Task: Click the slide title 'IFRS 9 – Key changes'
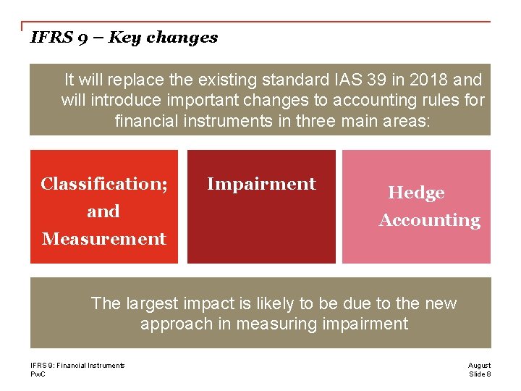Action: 124,38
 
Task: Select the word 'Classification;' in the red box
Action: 103,184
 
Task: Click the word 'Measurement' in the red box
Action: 103,239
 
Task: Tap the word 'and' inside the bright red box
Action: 103,211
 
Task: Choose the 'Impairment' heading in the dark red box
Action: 261,184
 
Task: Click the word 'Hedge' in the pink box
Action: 416,193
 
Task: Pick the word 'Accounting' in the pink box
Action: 429,220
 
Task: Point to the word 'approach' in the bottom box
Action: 171,324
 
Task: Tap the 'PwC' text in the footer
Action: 38,374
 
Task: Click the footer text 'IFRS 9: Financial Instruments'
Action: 77,366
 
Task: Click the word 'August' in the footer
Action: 479,366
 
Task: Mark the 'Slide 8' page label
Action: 479,374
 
